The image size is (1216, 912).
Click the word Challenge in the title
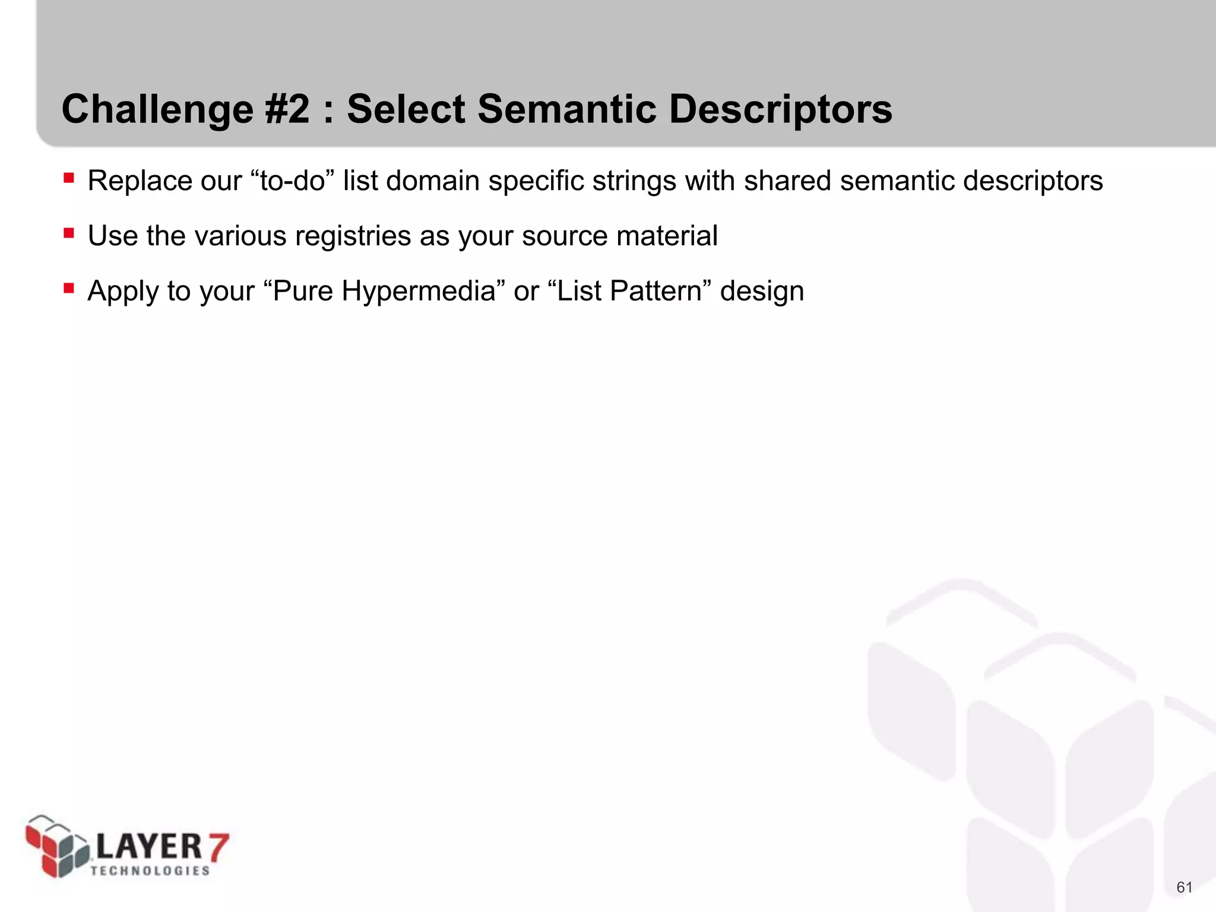tap(157, 110)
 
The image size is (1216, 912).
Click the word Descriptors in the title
tap(780, 110)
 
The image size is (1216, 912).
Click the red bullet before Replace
tap(69, 178)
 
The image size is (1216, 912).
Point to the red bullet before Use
tap(69, 233)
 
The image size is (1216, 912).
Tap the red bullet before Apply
tap(69, 288)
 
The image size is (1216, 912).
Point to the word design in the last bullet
tap(762, 292)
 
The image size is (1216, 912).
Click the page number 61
tap(1184, 887)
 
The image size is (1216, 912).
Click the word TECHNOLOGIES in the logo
tap(150, 870)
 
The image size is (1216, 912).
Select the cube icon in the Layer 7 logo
tap(57, 846)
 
